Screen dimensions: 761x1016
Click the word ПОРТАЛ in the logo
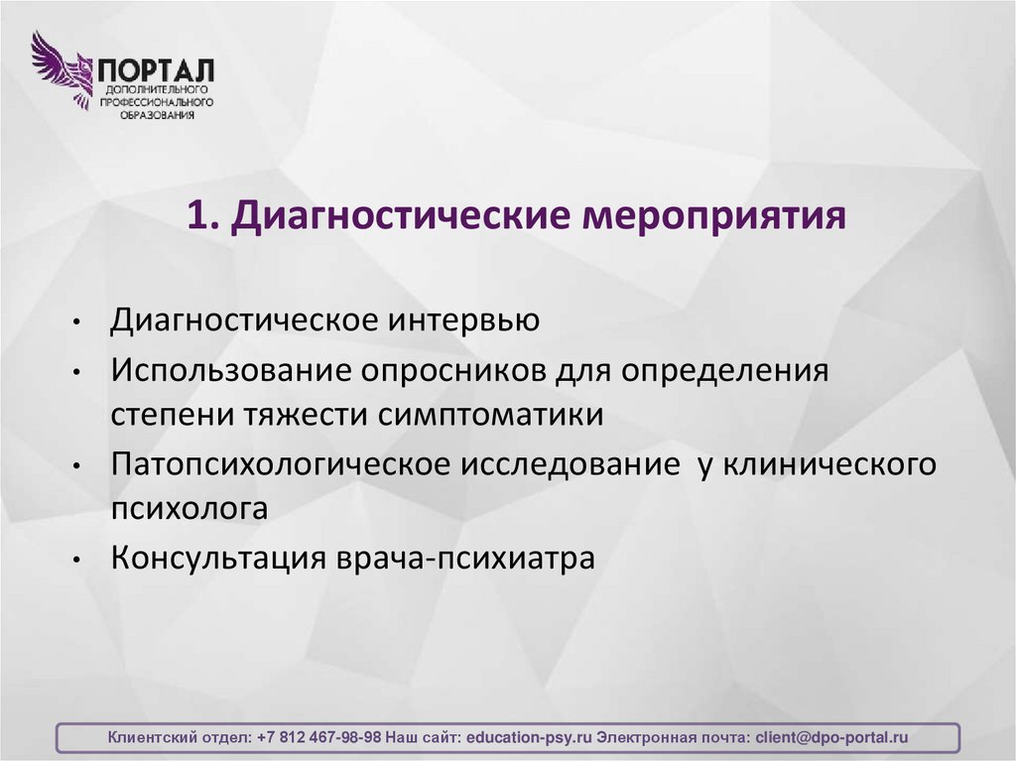pos(155,71)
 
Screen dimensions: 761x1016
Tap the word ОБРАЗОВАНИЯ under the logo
pos(155,114)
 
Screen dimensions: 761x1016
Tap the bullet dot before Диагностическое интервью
pos(77,323)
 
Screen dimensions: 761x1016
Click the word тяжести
pos(302,415)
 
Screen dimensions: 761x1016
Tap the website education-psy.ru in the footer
pos(529,738)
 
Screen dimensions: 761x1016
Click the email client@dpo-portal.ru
pos(831,738)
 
